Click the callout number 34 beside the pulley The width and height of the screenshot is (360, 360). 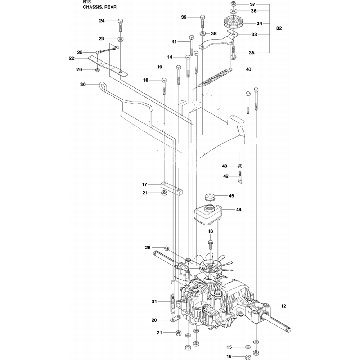point(259,24)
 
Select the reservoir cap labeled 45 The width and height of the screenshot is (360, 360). point(210,197)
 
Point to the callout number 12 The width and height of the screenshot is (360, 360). point(284,306)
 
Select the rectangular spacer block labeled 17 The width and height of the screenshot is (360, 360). point(171,188)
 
